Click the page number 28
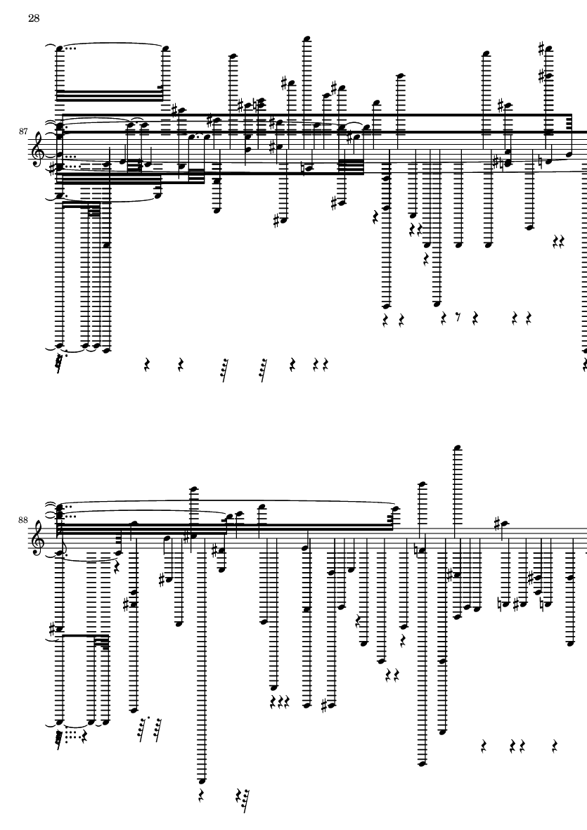34,18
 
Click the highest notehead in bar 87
307,38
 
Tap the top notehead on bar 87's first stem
60,48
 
